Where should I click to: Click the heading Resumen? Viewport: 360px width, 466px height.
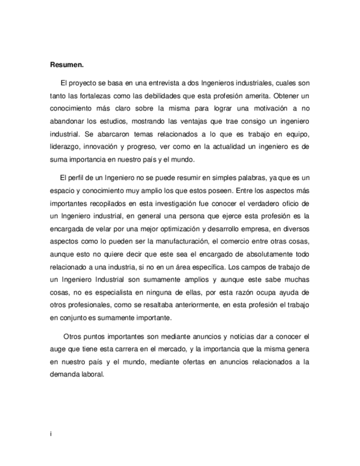[x=67, y=65]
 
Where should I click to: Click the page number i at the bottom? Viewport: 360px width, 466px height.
[x=51, y=434]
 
